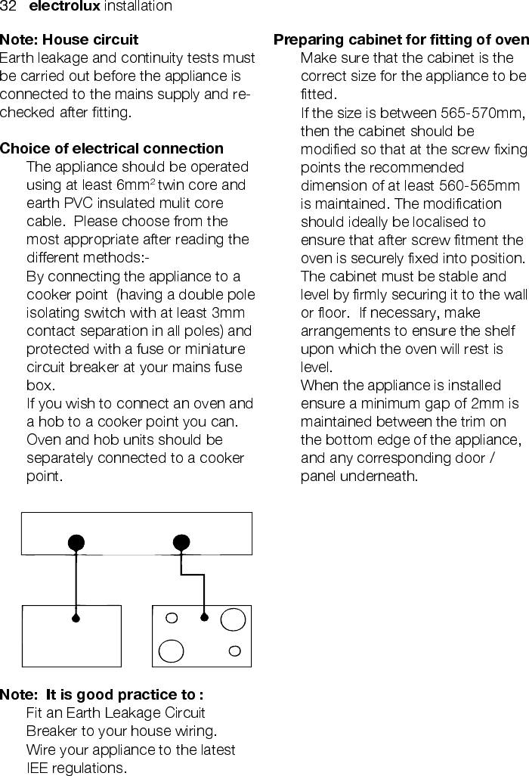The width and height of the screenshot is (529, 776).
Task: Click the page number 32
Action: tap(8, 7)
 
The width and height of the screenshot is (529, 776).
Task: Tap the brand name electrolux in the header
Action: tap(63, 7)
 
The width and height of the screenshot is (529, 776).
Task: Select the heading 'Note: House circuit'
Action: tap(70, 39)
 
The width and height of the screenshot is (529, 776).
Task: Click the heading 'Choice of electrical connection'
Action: tap(112, 148)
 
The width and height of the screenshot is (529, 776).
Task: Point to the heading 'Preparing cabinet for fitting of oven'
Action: tap(401, 39)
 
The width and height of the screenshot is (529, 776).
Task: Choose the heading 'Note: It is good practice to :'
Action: tap(102, 694)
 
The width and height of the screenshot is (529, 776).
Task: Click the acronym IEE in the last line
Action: tap(38, 768)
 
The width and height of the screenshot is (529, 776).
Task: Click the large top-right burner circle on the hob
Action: tap(233, 619)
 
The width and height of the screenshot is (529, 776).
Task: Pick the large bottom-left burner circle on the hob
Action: tap(172, 650)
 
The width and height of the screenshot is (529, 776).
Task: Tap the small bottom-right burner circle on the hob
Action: tap(235, 650)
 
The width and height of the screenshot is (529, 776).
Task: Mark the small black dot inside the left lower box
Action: tap(76, 618)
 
